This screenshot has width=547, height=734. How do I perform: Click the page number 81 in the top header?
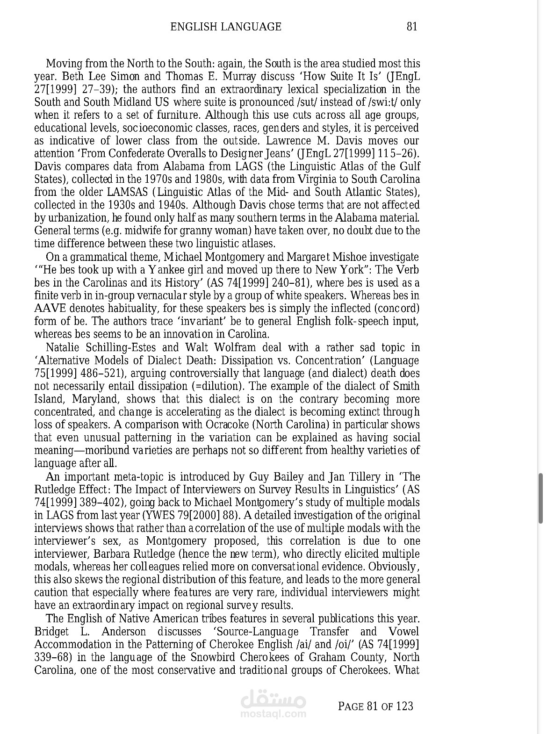[412, 27]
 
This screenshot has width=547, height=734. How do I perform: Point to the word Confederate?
[135, 154]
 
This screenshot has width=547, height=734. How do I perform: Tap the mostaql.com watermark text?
[273, 714]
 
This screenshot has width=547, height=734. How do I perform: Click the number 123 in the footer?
[404, 706]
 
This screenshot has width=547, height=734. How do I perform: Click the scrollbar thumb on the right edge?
[540, 498]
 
